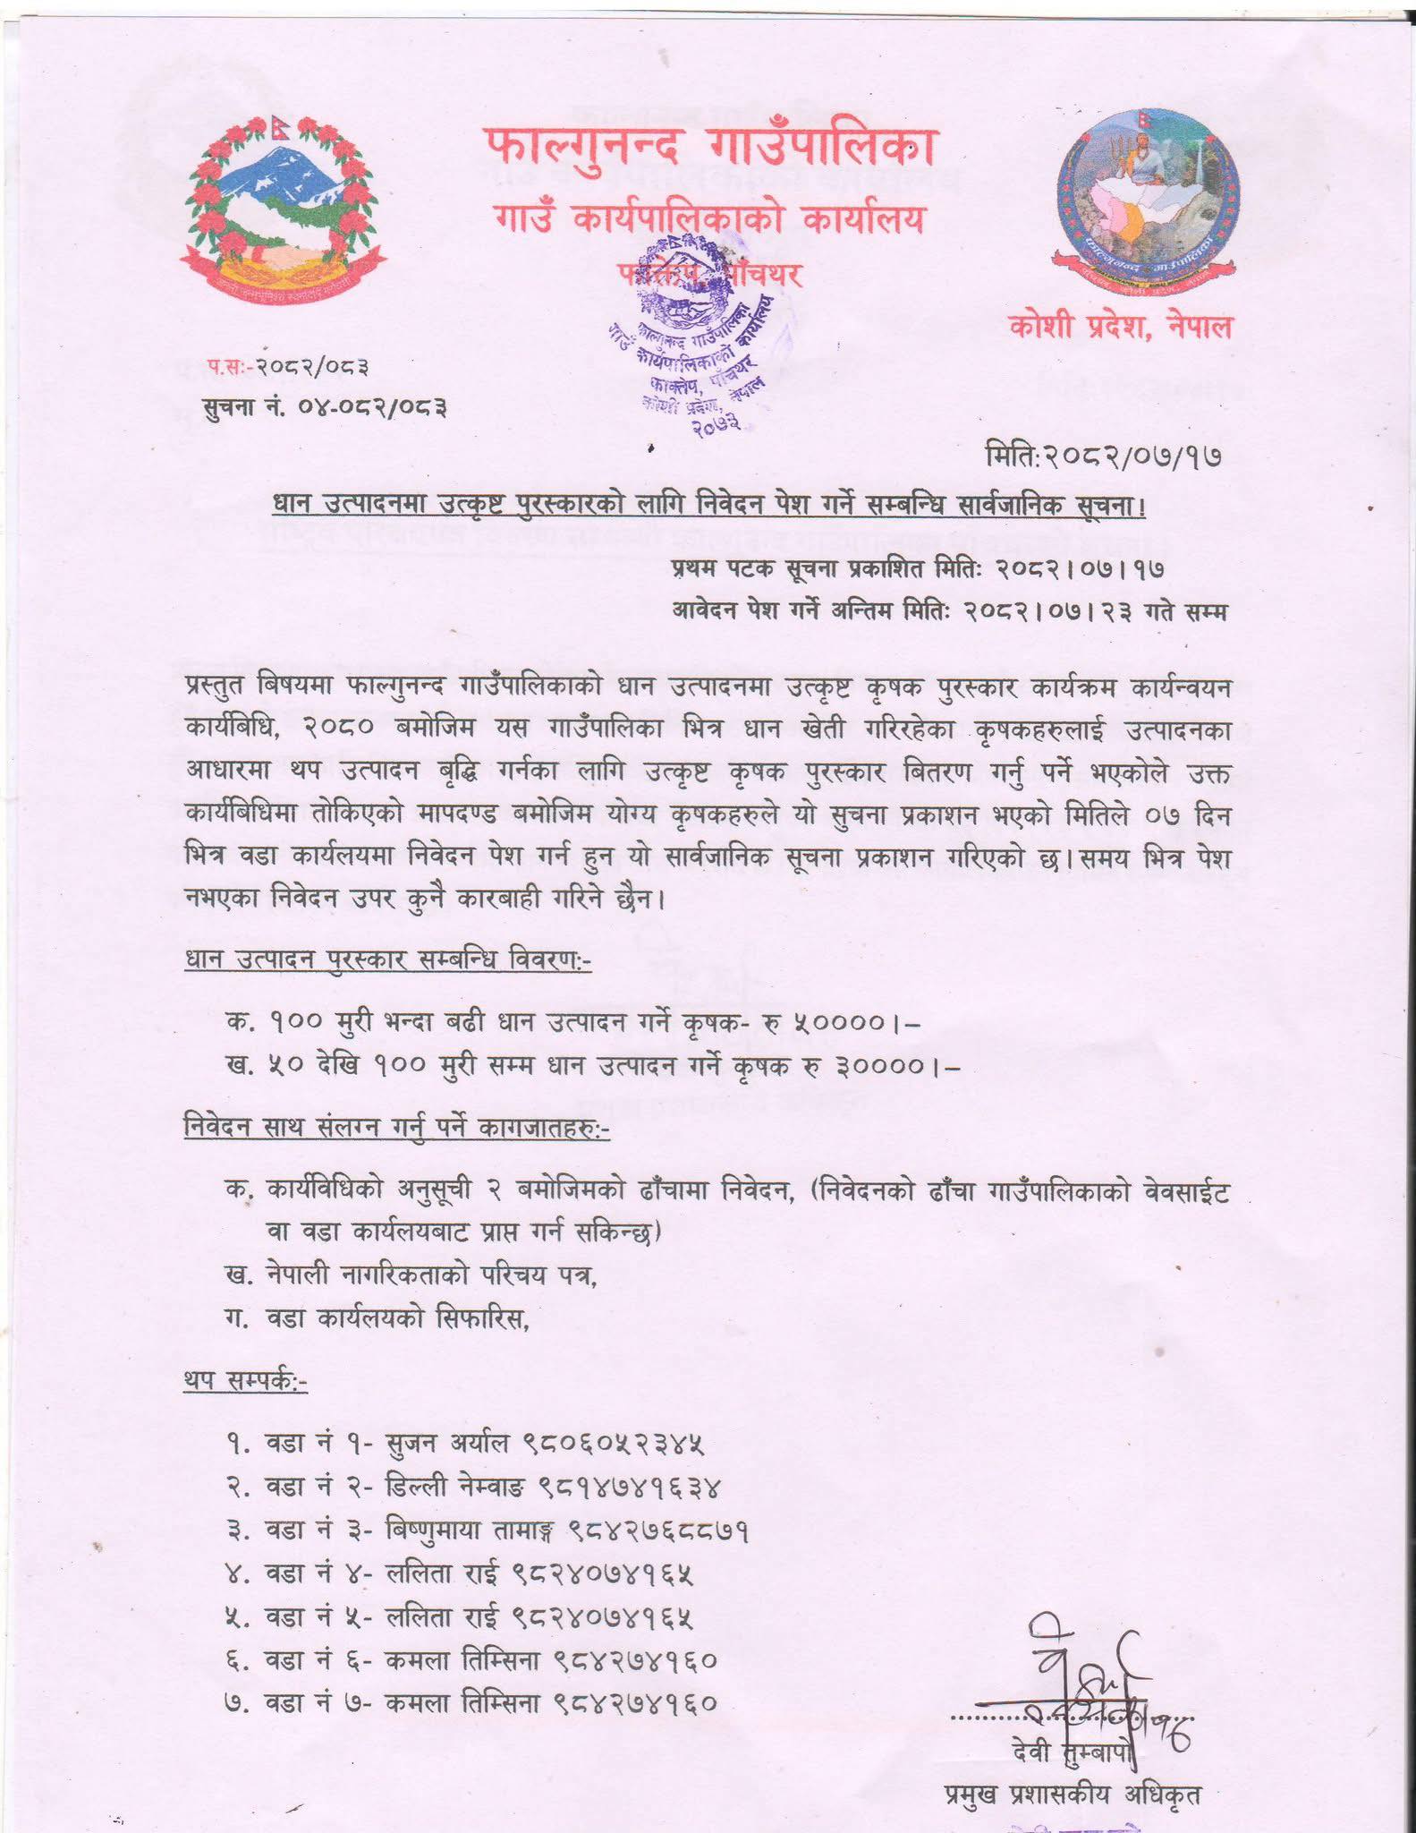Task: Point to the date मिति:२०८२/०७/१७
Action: click(x=1102, y=457)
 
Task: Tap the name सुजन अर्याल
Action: click(x=447, y=1445)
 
